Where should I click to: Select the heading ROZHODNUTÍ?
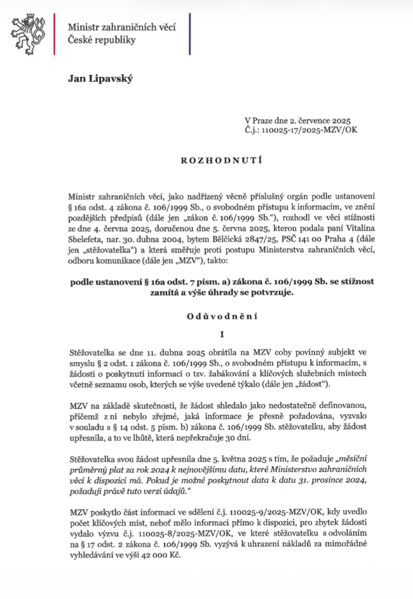206,157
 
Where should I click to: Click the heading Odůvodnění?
206,316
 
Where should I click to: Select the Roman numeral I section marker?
206,336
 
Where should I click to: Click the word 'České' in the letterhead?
81,40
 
